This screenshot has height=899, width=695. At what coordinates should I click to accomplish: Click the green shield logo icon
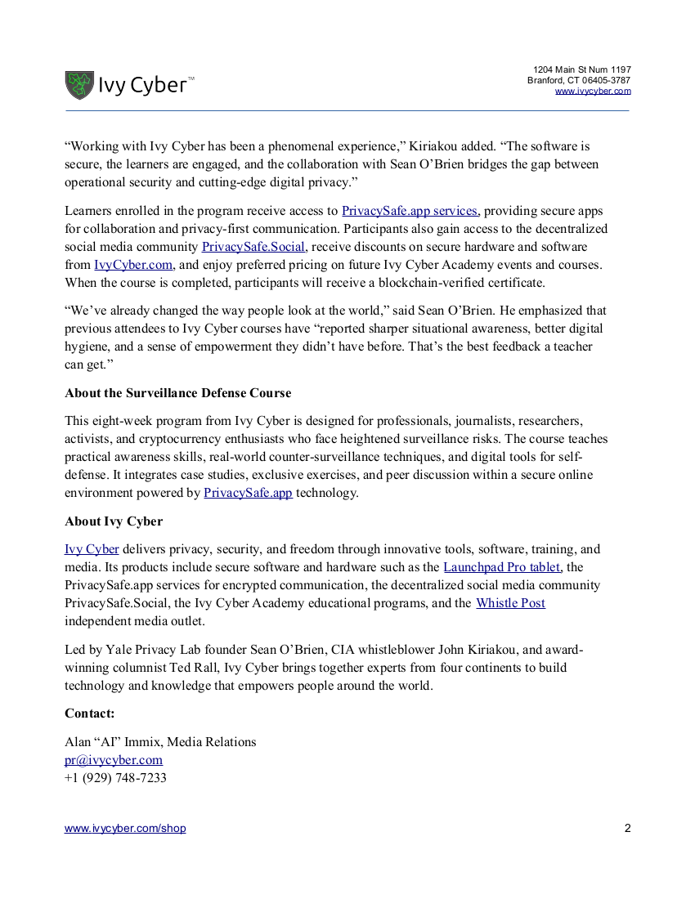pos(79,85)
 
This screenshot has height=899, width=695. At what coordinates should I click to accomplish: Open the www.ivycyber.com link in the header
pos(593,91)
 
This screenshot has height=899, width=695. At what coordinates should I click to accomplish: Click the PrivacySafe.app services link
pos(410,211)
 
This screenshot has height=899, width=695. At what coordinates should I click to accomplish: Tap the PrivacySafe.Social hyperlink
pos(253,247)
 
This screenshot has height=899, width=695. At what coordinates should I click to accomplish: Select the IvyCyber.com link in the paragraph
pos(133,265)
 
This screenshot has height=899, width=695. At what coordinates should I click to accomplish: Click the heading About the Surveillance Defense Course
pos(178,393)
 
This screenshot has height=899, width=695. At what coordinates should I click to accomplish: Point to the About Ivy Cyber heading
pos(114,521)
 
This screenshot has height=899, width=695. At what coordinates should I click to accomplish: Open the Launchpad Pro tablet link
pos(502,567)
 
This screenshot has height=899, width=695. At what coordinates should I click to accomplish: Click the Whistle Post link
pos(510,603)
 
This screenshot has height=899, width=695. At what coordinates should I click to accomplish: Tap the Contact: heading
pos(90,713)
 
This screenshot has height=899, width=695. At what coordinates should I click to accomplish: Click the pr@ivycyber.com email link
pos(114,760)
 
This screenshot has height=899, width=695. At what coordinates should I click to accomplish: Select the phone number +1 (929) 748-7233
pos(115,778)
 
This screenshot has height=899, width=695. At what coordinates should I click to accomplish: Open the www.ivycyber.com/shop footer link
pos(125,828)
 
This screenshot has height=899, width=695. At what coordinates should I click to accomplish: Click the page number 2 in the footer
pos(627,828)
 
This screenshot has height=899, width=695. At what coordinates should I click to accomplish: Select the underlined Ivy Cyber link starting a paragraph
pos(92,549)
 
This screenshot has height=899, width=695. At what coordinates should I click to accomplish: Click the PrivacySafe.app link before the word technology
pos(248,493)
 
